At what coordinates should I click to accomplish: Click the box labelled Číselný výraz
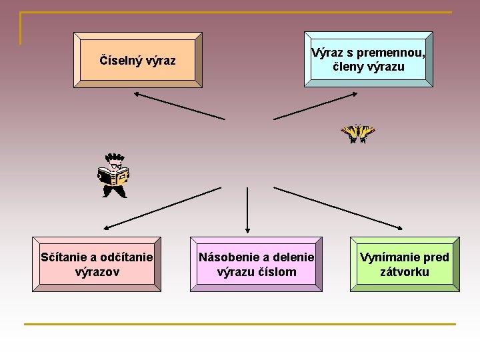point(137,60)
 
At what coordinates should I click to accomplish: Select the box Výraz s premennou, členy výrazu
point(368,59)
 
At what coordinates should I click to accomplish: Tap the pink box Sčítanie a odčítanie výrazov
point(97,264)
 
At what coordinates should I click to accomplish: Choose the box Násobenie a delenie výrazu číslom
point(256,264)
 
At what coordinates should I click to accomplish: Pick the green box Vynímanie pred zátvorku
point(405,264)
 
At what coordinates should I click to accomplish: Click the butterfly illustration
point(358,133)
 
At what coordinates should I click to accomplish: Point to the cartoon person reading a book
point(113,175)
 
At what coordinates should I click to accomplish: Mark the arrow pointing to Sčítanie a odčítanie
point(161,207)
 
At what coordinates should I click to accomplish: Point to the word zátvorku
point(405,272)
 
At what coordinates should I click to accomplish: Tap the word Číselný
point(120,61)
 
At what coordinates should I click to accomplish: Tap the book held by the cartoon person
point(113,176)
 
